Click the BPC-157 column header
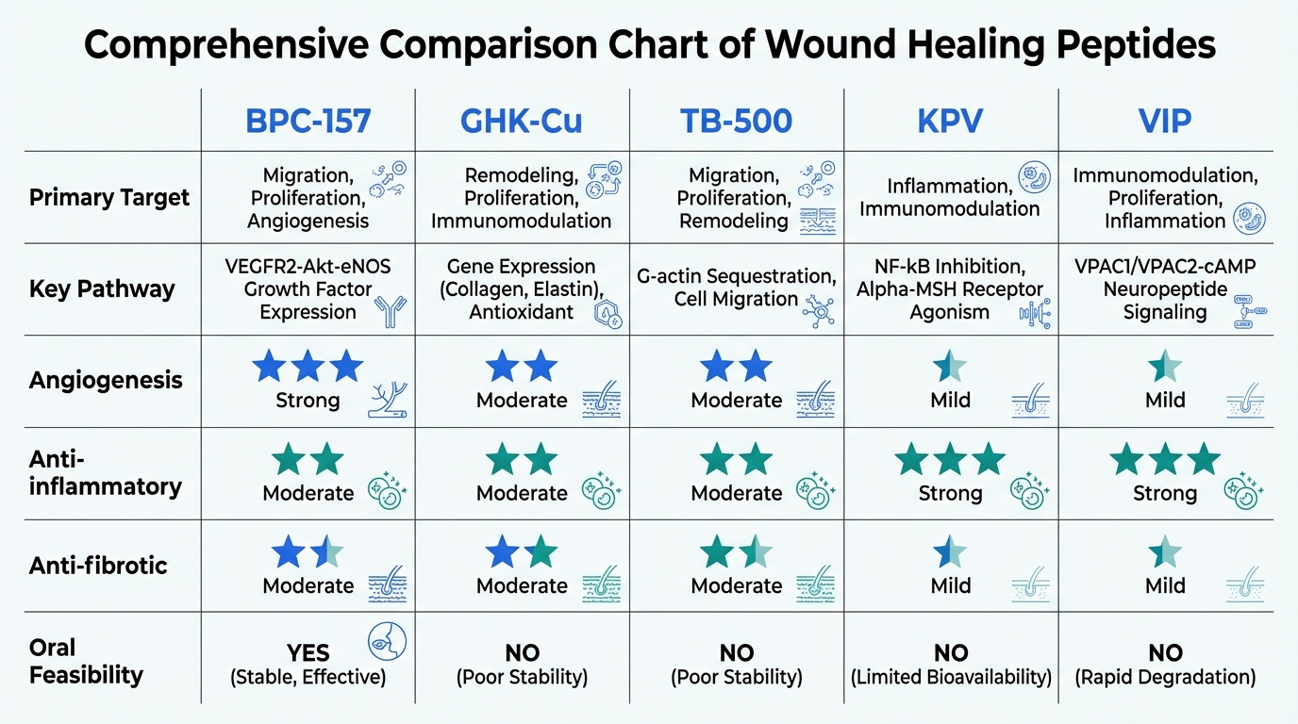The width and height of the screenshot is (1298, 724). coord(308,121)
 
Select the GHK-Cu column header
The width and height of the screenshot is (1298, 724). coord(522,121)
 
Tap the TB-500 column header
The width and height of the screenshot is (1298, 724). coord(737,121)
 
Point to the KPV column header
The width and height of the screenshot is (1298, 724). coord(951,121)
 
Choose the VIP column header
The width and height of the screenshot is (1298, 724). coord(1165,121)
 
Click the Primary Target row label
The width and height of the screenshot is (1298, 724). coord(109,198)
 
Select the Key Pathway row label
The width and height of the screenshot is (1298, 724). coord(102,288)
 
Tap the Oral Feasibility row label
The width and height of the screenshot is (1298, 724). coord(86,661)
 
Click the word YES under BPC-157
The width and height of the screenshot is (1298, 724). coord(308,653)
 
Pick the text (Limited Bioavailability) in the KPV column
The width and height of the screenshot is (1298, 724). coord(951,677)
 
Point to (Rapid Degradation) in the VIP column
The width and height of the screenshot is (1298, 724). coord(1165,677)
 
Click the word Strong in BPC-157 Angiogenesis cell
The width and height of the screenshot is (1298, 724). coord(308,400)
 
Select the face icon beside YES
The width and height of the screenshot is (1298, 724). coord(387,640)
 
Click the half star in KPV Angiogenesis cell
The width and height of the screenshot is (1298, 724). coord(950,366)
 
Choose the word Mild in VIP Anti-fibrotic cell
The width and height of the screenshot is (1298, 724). coord(1165,585)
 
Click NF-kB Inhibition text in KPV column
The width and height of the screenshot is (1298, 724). coord(951,267)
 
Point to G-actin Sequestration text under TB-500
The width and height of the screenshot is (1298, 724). coord(737,276)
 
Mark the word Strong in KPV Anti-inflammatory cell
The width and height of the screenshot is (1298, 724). coord(951,493)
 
